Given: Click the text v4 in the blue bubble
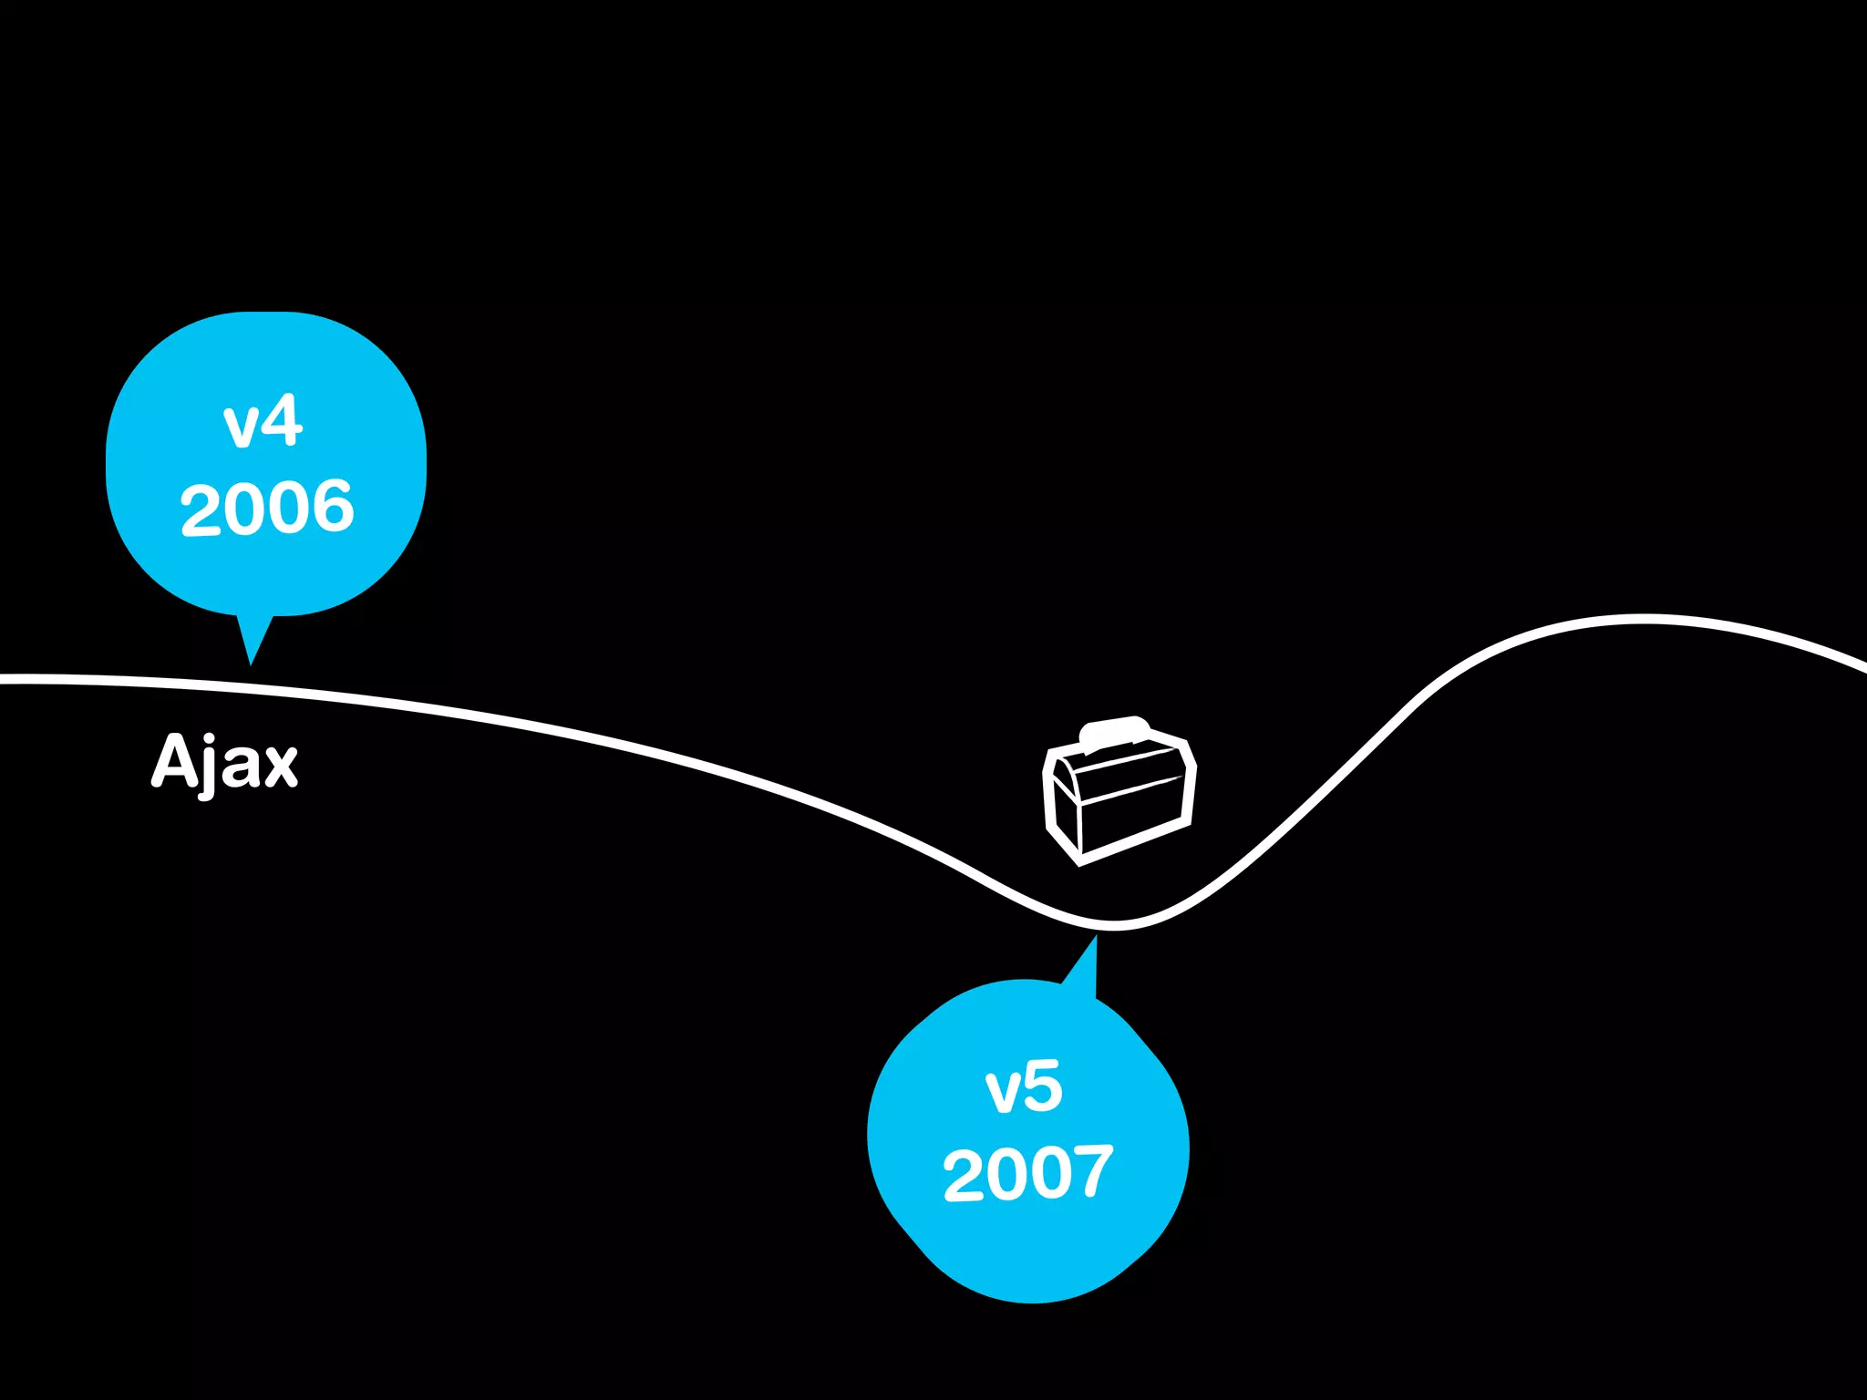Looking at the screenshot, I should [x=263, y=422].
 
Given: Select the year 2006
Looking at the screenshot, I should [x=267, y=507].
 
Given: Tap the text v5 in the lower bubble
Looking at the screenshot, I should [x=1024, y=1087].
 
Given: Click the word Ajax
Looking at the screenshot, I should [x=224, y=762].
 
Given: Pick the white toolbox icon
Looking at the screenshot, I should [x=1119, y=791].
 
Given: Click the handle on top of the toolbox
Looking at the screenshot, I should [x=1114, y=731].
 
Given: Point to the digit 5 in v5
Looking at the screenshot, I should [x=1043, y=1086].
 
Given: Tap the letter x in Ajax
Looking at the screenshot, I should [x=277, y=767].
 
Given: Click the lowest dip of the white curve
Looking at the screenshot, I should [x=1114, y=925].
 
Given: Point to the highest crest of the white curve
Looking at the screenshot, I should [x=1641, y=619].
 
